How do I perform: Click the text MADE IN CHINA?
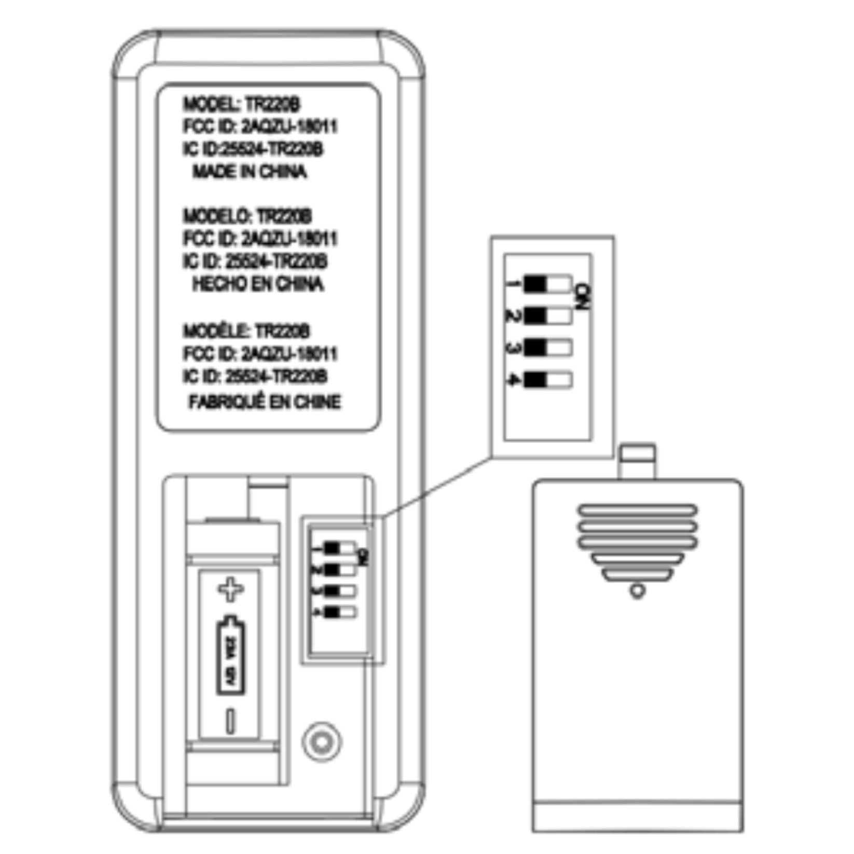pos(250,172)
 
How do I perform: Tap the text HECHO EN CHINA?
pos(258,284)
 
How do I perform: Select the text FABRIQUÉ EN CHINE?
pos(265,402)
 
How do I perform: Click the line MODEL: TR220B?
pos(241,104)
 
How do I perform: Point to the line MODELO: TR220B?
pos(247,215)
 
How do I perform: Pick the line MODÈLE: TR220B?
pos(246,331)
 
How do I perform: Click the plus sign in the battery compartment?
pos(230,590)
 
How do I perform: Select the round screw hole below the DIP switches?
pos(322,741)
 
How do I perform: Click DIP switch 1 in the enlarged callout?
pos(548,284)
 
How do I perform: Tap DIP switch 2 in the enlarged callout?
pos(548,315)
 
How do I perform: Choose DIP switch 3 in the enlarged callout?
pos(548,348)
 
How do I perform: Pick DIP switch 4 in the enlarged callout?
pos(548,380)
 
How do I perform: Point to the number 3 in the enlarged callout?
pos(514,348)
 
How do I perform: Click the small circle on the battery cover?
pos(637,591)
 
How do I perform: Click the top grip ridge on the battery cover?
pos(638,510)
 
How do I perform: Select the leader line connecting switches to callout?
pos(436,488)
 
